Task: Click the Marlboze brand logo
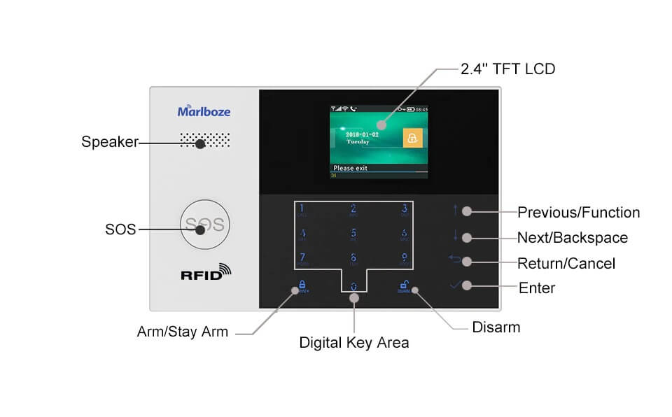204,111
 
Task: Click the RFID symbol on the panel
205,272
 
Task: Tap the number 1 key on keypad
302,208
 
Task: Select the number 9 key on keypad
404,257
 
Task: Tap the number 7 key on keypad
302,257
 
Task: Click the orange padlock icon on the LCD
413,138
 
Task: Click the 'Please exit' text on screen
350,168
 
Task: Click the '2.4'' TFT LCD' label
508,69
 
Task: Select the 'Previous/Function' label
578,212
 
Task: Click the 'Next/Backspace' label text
573,237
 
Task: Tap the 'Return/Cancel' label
566,263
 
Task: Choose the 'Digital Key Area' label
354,343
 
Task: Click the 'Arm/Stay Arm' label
183,332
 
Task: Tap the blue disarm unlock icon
404,285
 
